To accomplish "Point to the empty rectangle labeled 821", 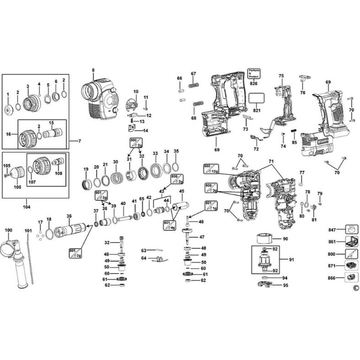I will coord(256,98).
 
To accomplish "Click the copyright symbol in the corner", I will coord(356,287).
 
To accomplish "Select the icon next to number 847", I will coord(351,229).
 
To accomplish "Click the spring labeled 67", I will coord(194,87).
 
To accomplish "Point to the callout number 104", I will coord(26,207).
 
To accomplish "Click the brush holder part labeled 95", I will coord(265,285).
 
